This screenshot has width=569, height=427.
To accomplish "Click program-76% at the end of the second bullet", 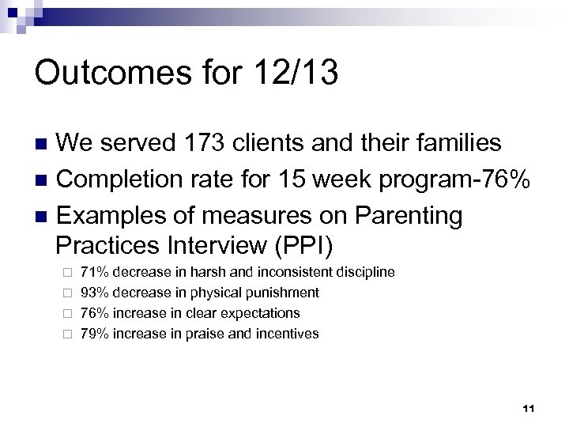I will point(460,179).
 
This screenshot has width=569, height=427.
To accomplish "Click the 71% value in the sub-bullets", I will point(96,272).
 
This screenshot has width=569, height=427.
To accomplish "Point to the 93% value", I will point(96,293).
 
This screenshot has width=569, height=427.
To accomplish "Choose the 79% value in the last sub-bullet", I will point(96,334).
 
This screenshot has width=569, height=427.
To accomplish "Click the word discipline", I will point(365,272).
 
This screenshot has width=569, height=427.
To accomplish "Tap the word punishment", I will point(281,293).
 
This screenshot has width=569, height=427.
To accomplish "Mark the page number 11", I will point(529,408).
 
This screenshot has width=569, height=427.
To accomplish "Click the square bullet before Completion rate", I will point(43,179).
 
